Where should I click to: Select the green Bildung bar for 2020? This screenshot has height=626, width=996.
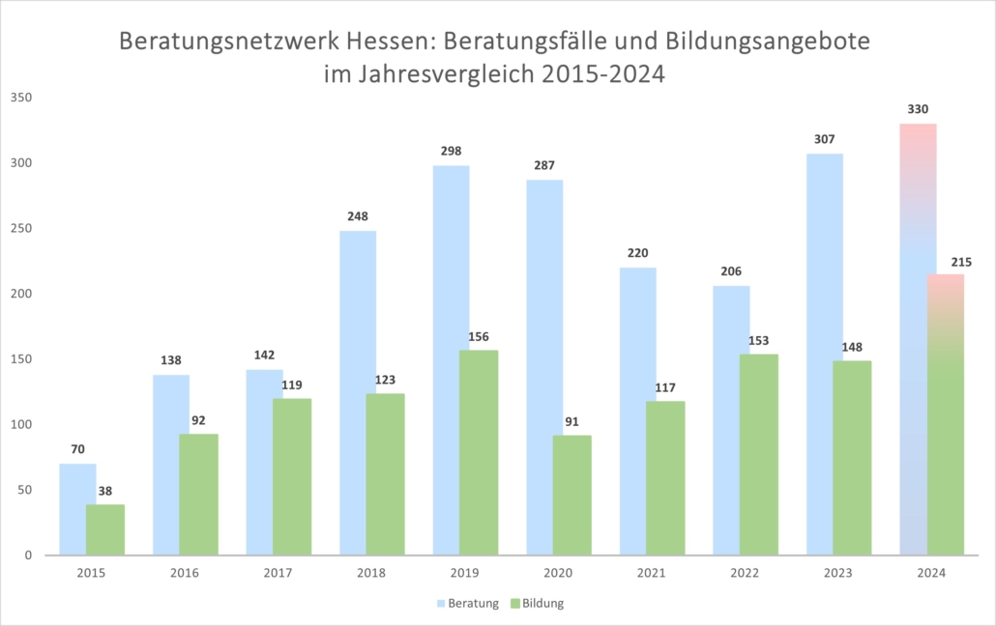(572, 495)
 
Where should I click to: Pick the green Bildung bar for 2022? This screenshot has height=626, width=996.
(759, 454)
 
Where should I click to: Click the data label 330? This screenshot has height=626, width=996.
(919, 109)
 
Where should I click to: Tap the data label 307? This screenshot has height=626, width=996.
(825, 139)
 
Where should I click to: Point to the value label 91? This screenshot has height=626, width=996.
(572, 420)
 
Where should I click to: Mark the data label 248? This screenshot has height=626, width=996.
(358, 215)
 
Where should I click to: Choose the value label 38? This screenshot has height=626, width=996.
(105, 490)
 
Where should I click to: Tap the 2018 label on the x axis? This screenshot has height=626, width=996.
(371, 573)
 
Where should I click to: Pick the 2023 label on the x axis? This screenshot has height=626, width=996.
(838, 573)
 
